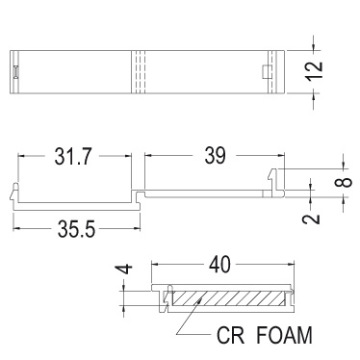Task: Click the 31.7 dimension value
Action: click(73, 156)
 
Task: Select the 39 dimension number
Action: click(215, 156)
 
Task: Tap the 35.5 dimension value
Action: click(76, 229)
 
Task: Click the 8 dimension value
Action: click(343, 182)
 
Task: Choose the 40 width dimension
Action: click(219, 265)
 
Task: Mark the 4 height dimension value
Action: click(124, 269)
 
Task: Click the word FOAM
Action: click(285, 335)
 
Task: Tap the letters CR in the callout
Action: click(230, 335)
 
